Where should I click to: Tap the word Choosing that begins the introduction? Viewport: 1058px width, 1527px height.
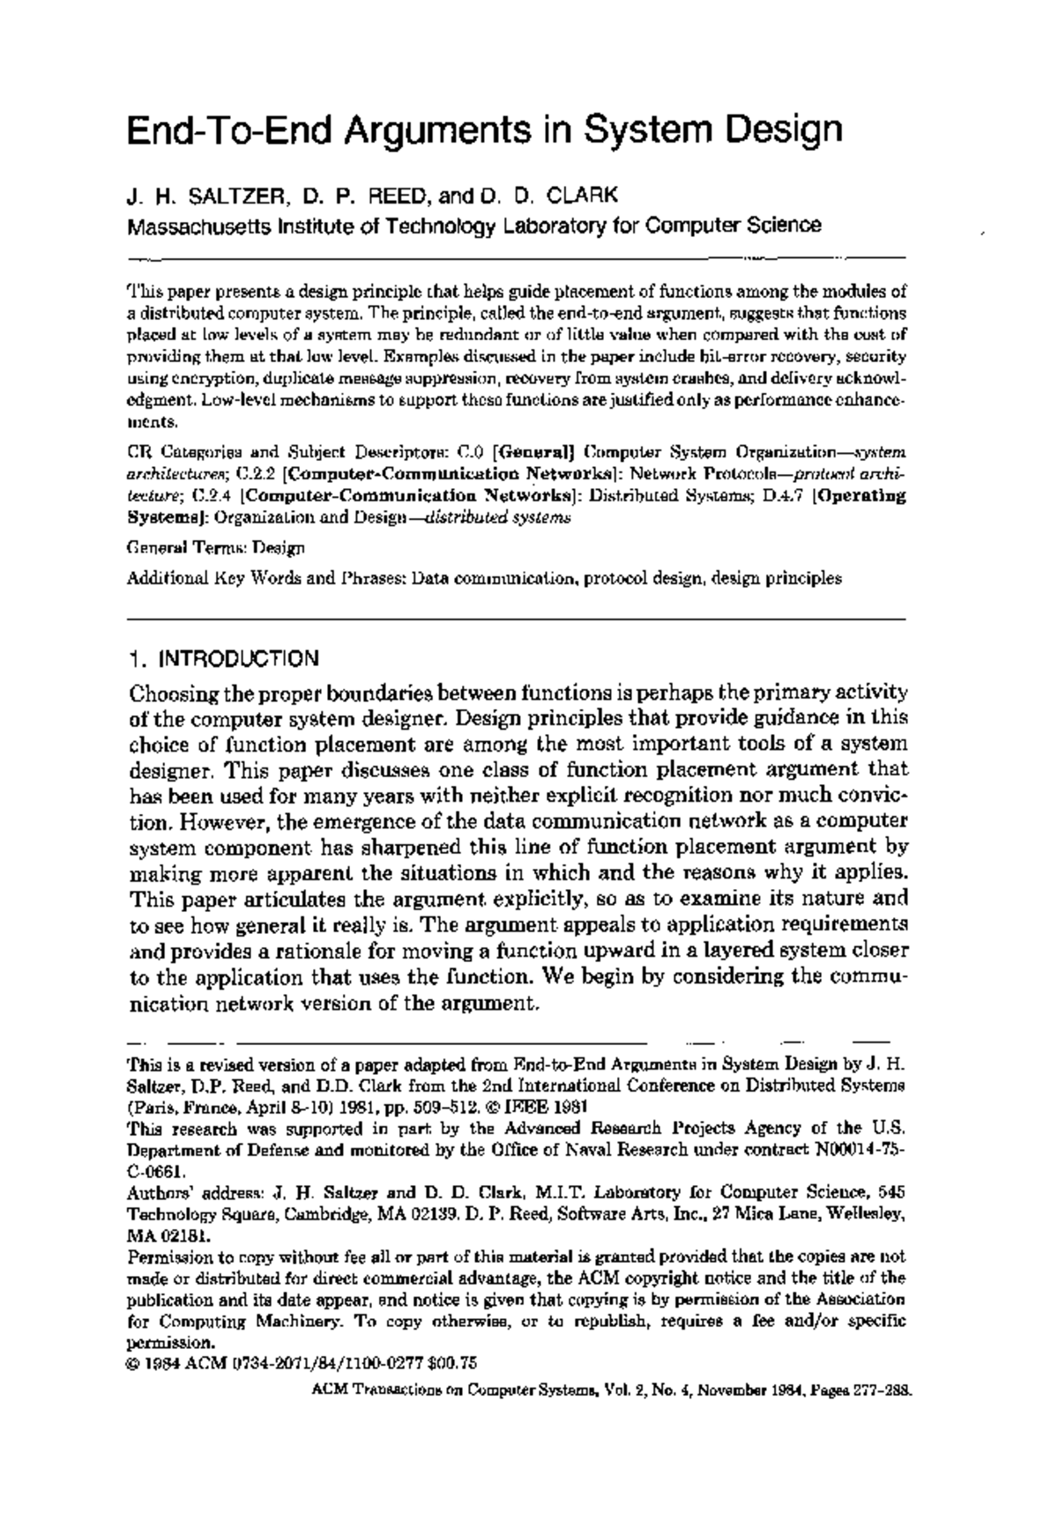coord(175,693)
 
